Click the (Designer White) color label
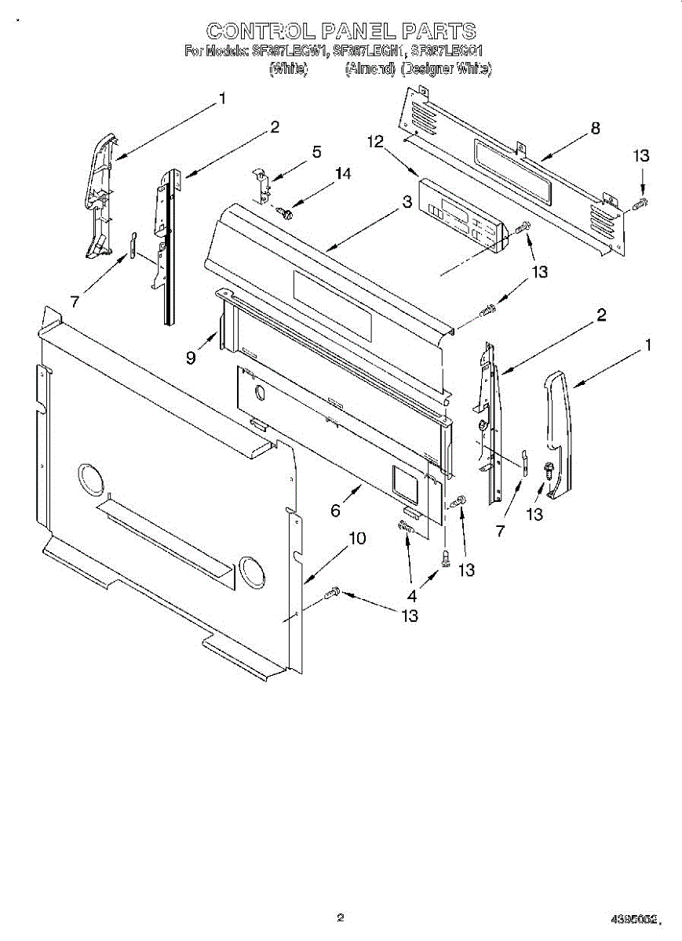(446, 69)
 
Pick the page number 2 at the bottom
(340, 917)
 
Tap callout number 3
(407, 202)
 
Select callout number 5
(316, 152)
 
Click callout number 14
(343, 173)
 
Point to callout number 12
(375, 141)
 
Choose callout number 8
(595, 129)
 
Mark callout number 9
(191, 358)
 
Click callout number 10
(356, 539)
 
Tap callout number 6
(335, 510)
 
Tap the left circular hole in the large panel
(90, 479)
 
